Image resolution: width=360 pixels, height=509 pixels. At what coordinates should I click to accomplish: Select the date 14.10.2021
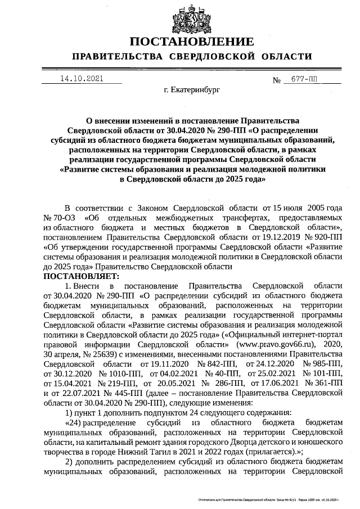click(x=82, y=79)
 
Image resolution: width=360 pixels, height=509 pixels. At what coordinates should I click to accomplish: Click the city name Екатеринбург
click(x=192, y=89)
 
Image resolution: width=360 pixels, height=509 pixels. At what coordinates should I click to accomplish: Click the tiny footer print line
click(x=269, y=499)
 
